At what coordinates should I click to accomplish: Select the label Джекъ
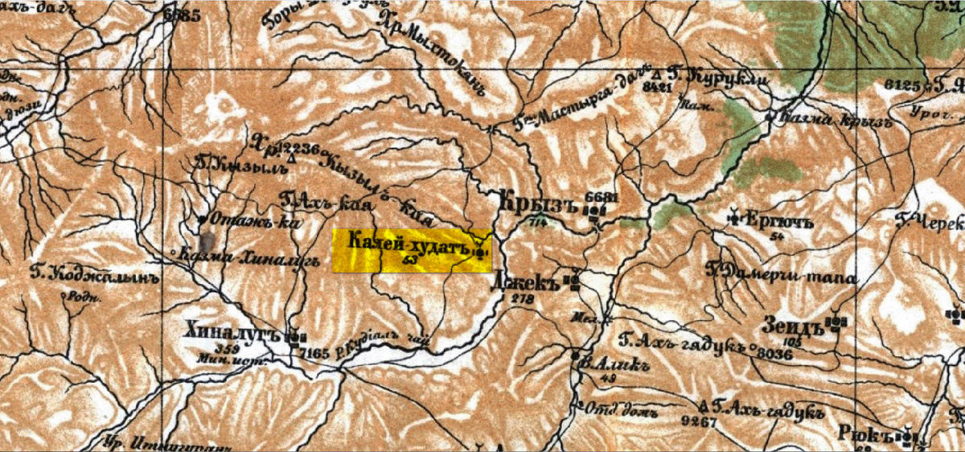pyautogui.click(x=536, y=281)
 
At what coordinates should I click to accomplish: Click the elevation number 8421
pyautogui.click(x=656, y=86)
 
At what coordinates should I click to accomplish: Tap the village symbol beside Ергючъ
pyautogui.click(x=735, y=216)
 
